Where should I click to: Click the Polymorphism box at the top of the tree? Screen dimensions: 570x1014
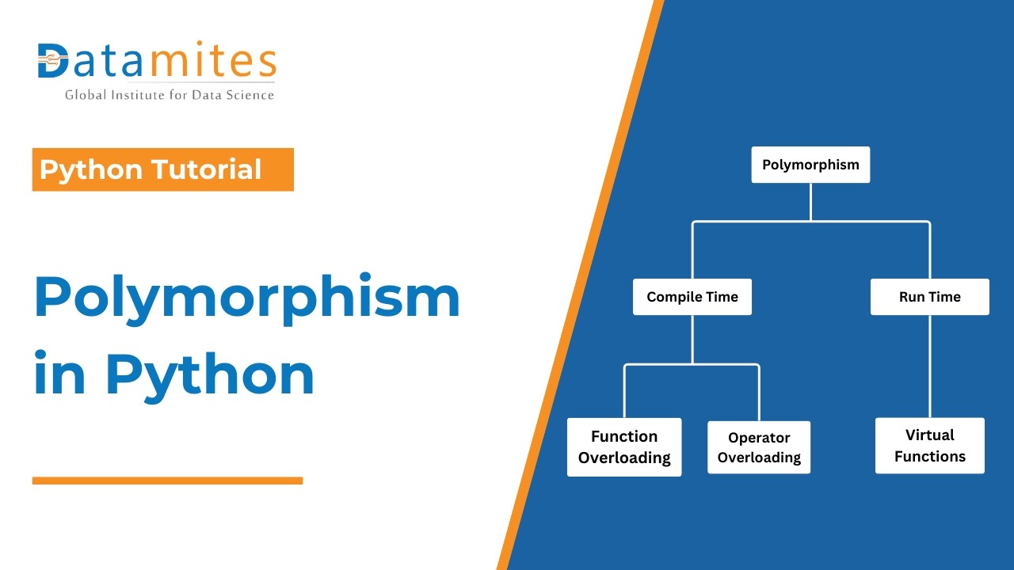pyautogui.click(x=810, y=165)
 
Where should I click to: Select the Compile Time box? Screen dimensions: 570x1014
pyautogui.click(x=692, y=297)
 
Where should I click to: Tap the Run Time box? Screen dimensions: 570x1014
pyautogui.click(x=929, y=297)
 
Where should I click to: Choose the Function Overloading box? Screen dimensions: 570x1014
pyautogui.click(x=624, y=447)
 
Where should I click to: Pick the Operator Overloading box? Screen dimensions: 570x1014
pyautogui.click(x=759, y=447)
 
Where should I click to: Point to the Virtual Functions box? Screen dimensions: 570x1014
pyautogui.click(x=929, y=446)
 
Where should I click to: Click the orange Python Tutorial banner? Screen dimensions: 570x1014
pyautogui.click(x=162, y=169)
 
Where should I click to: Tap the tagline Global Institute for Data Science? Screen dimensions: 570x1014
pyautogui.click(x=170, y=95)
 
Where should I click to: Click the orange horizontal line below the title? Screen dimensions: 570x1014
pyautogui.click(x=167, y=481)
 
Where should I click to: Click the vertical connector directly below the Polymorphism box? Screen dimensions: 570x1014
pyautogui.click(x=810, y=202)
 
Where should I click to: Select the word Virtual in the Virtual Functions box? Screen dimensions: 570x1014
pyautogui.click(x=930, y=435)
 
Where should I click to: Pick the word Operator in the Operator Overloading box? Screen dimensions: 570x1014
pyautogui.click(x=759, y=438)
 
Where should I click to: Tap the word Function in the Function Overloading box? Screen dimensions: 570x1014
pyautogui.click(x=624, y=436)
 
